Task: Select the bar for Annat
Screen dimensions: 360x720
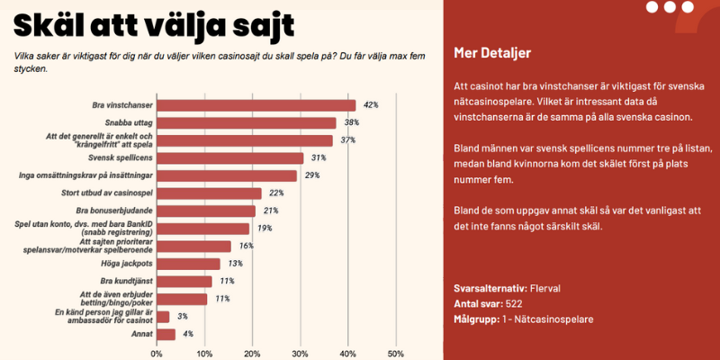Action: point(166,334)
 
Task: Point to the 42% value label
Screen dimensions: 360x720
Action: point(370,105)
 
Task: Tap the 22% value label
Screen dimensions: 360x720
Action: point(276,193)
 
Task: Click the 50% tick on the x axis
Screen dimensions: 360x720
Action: point(394,354)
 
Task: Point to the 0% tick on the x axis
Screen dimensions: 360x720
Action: point(157,354)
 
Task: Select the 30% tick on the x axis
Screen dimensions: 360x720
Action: point(300,354)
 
